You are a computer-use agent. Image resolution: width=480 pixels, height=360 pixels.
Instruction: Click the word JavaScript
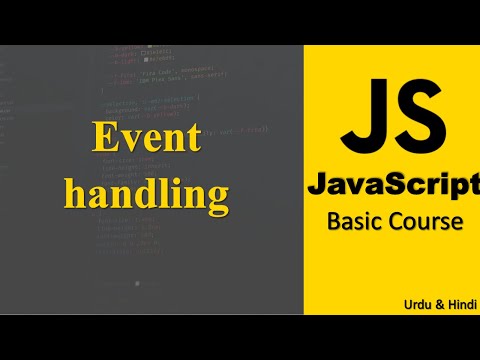click(x=394, y=184)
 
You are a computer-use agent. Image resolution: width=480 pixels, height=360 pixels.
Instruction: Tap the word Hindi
click(x=457, y=302)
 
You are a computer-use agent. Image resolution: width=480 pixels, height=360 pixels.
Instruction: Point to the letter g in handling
click(x=217, y=196)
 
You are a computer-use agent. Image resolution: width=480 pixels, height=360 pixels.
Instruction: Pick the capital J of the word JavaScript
click(x=318, y=184)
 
